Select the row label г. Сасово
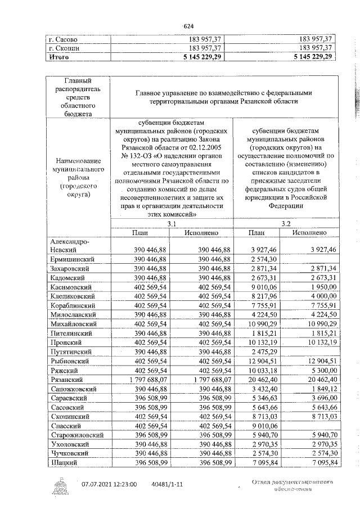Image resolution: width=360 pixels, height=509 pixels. pos(63,39)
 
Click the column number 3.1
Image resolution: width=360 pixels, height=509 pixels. pos(172,223)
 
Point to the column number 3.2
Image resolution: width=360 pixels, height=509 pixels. pos(286,223)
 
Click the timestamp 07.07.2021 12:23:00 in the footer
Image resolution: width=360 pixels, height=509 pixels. pos(109,483)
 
